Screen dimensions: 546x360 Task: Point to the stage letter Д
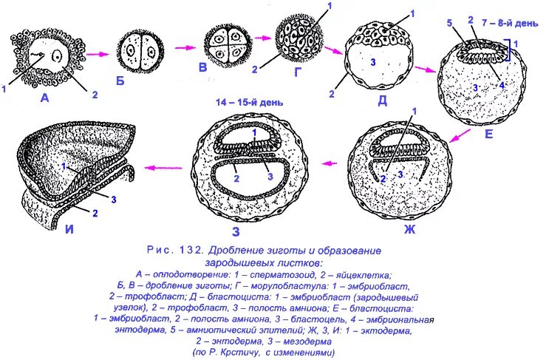(x=383, y=102)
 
